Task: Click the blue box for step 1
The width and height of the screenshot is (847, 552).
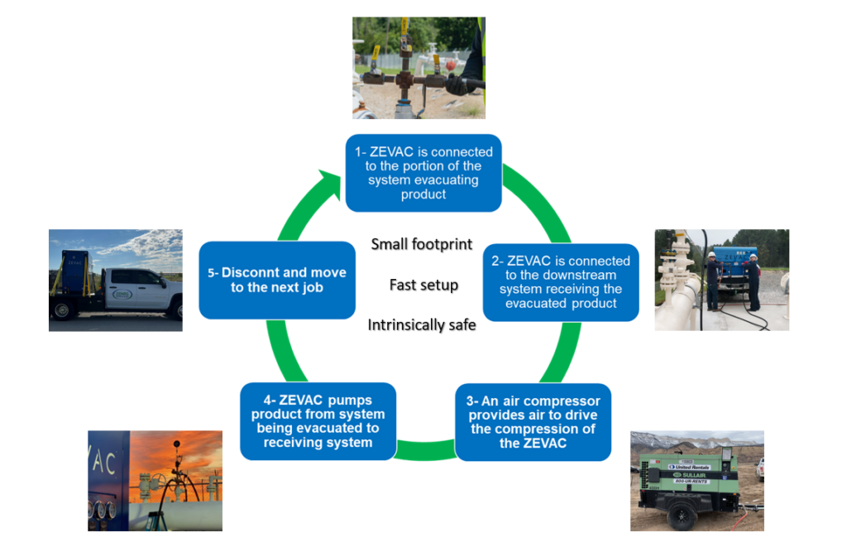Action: [x=423, y=172]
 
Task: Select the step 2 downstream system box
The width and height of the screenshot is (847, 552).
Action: [x=561, y=281]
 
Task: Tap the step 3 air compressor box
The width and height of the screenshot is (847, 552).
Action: [x=533, y=422]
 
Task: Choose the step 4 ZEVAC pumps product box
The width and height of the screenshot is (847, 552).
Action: [x=318, y=421]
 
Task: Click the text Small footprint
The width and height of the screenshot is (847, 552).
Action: [x=422, y=244]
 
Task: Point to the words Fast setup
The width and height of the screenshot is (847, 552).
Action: [x=423, y=285]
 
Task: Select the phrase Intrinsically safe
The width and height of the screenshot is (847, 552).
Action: [x=422, y=325]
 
